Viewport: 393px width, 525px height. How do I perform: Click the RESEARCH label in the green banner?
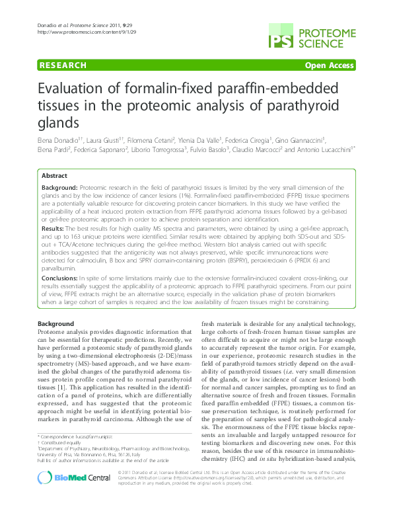[x=63, y=65]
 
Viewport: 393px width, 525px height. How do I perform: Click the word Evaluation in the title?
[x=69, y=91]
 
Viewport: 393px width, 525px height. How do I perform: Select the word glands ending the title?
[x=58, y=124]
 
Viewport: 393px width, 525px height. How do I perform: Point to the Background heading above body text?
[x=55, y=323]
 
